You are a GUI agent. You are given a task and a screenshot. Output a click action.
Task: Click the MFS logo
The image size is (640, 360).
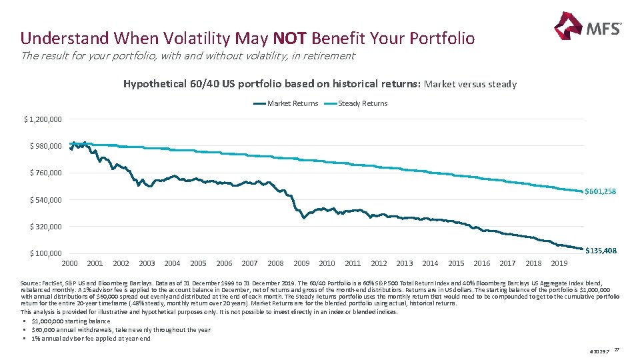click(x=587, y=27)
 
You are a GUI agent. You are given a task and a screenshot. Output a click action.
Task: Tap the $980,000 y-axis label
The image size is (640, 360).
click(x=45, y=146)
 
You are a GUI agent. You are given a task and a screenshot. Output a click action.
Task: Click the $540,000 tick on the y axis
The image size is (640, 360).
click(x=45, y=200)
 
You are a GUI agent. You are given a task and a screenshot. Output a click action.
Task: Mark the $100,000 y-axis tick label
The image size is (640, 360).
click(x=45, y=253)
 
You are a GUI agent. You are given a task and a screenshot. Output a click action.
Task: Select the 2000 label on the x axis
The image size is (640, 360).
click(x=69, y=263)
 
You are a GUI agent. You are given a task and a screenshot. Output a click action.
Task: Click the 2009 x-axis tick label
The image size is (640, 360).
click(x=301, y=263)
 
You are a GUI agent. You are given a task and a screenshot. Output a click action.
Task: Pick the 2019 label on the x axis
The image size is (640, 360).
click(x=559, y=263)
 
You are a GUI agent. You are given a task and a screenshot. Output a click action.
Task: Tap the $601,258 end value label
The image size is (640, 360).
click(x=600, y=192)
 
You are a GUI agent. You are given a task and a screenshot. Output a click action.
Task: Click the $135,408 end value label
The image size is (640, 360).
click(x=600, y=251)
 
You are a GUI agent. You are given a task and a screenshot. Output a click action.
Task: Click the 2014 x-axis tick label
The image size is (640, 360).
click(x=430, y=263)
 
